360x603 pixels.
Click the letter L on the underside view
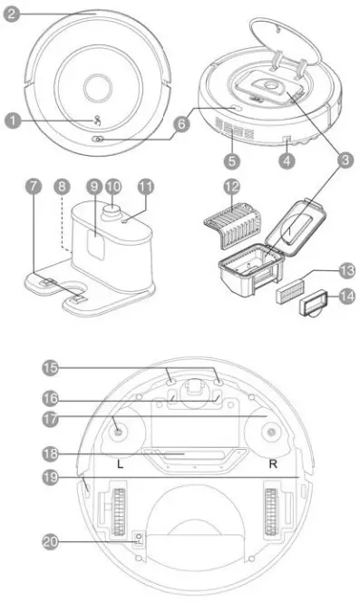tap(121, 462)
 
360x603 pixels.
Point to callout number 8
tap(61, 185)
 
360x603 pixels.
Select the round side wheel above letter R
tap(270, 434)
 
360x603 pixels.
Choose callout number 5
tap(233, 162)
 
